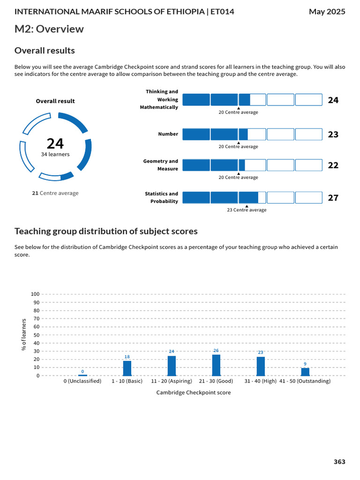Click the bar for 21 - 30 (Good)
pyautogui.click(x=216, y=365)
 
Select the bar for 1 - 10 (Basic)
pyautogui.click(x=127, y=368)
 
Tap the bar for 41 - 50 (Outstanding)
pyautogui.click(x=305, y=372)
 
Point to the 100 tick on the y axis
pyautogui.click(x=35, y=294)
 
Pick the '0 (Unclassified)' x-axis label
pyautogui.click(x=82, y=382)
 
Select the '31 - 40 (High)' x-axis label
pyautogui.click(x=261, y=382)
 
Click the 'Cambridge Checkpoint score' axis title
pyautogui.click(x=194, y=393)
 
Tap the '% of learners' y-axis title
pyautogui.click(x=24, y=334)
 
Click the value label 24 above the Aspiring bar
pyautogui.click(x=172, y=351)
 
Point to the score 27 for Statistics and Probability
pyautogui.click(x=333, y=198)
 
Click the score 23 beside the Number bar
pyautogui.click(x=333, y=135)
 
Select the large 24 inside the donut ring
pyautogui.click(x=55, y=143)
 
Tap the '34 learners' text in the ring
pyautogui.click(x=55, y=154)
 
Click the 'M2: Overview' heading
pyautogui.click(x=49, y=29)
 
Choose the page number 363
pyautogui.click(x=339, y=462)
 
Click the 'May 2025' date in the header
pyautogui.click(x=327, y=11)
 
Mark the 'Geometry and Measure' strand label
pyautogui.click(x=161, y=165)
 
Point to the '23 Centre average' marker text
pyautogui.click(x=247, y=210)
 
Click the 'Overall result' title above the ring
pyautogui.click(x=55, y=101)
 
